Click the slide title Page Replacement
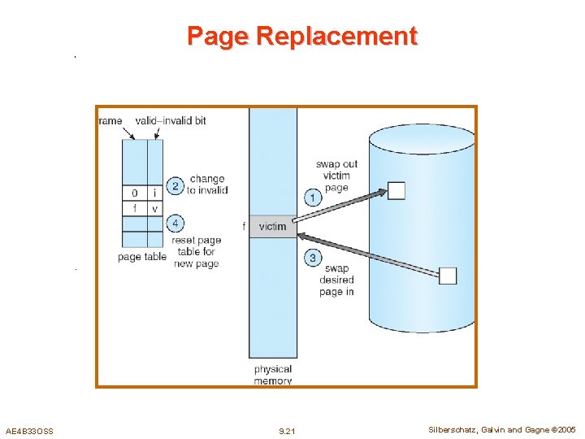[x=301, y=36]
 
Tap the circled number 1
[x=313, y=197]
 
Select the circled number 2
[x=175, y=186]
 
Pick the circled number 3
[x=313, y=258]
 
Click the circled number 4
[x=175, y=223]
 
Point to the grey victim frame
[x=273, y=227]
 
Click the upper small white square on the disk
[x=396, y=191]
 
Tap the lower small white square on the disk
[x=448, y=276]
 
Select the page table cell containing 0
[x=134, y=193]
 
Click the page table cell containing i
[x=154, y=193]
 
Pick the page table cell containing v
[x=154, y=208]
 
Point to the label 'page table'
[x=141, y=257]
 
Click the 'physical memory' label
[x=272, y=375]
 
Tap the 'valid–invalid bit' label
[x=171, y=120]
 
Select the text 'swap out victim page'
[x=336, y=176]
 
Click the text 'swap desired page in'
[x=336, y=280]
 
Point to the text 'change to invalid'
[x=207, y=185]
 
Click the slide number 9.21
[x=287, y=430]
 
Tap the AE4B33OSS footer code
[x=29, y=430]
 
